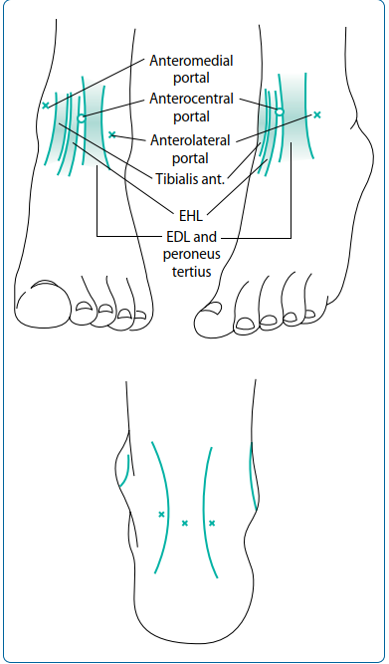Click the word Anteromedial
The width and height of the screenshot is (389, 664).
pos(191,61)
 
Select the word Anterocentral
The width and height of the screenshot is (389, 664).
pos(191,99)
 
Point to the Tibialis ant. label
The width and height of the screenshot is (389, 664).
pos(190,178)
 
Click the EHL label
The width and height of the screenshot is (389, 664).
pos(192,213)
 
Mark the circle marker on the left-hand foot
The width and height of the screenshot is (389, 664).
pos(82,118)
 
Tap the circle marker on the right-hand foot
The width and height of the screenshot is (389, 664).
pos(280,111)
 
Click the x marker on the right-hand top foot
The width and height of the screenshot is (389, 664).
pos(316,115)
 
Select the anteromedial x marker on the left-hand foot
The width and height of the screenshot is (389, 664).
pos(45,105)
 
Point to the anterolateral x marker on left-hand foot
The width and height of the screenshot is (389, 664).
pos(111,134)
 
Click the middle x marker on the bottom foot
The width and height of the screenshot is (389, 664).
pos(185,523)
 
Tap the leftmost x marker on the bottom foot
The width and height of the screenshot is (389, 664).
pos(161,515)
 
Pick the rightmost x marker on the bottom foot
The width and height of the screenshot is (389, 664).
pos(212,523)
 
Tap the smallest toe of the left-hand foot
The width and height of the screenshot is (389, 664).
pos(125,318)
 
